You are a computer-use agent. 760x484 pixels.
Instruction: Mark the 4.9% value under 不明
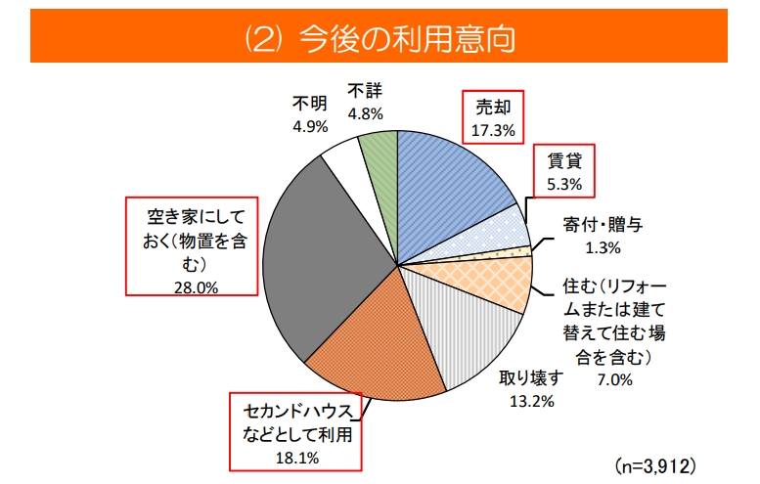pyautogui.click(x=309, y=125)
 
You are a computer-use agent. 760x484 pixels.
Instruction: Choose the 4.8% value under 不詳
pyautogui.click(x=365, y=113)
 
